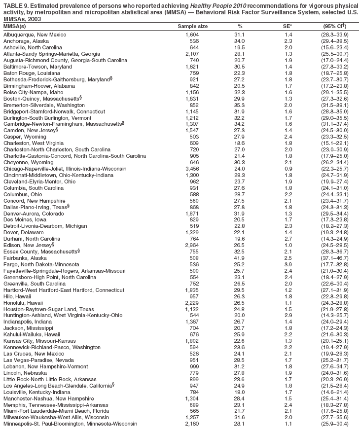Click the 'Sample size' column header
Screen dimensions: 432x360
click(x=192, y=26)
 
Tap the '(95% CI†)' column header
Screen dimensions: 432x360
click(x=333, y=26)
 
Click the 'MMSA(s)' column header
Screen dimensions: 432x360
click(x=15, y=26)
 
